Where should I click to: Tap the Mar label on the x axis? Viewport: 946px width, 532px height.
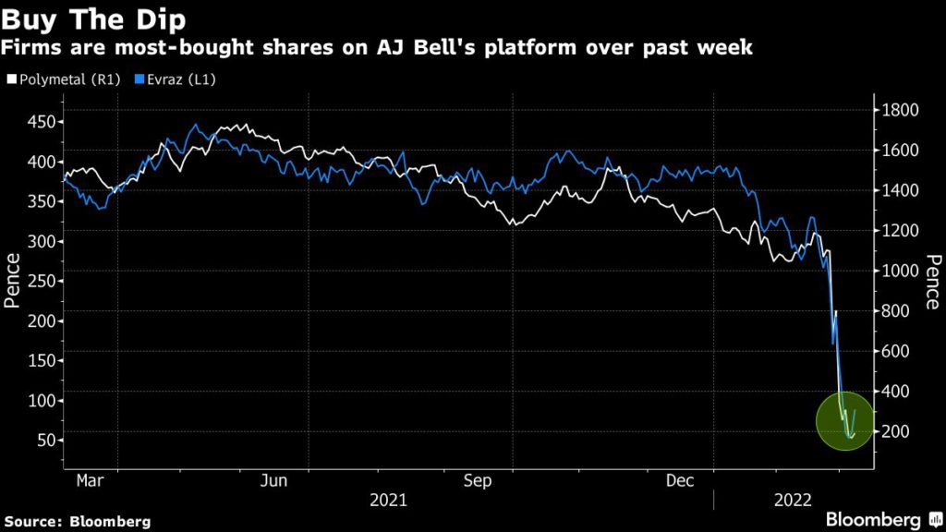coord(90,480)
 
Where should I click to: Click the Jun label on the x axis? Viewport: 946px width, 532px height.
coord(274,480)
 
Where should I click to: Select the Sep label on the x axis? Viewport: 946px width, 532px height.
coord(477,480)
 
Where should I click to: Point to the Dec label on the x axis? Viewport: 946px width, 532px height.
coord(681,480)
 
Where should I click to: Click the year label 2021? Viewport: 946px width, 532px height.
coord(388,500)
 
